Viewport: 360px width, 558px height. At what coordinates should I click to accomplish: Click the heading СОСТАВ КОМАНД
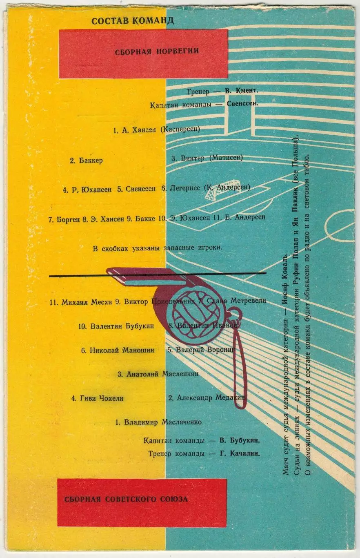tap(133, 21)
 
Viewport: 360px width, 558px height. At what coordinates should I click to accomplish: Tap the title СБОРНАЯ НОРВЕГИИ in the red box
tap(157, 51)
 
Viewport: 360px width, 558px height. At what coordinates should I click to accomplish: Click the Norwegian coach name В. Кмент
tap(242, 91)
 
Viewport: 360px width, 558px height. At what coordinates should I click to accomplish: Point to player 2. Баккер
tap(86, 161)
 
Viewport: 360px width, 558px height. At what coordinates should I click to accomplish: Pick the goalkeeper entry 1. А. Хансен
tap(135, 130)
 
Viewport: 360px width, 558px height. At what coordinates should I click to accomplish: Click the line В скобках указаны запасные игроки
tap(158, 248)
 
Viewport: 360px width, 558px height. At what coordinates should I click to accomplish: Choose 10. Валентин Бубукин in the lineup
tap(116, 326)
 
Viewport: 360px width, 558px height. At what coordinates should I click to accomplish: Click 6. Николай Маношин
tap(118, 350)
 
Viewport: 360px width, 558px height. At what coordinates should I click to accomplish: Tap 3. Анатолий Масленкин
tap(158, 374)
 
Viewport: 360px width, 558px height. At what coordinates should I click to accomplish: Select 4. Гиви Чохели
tap(97, 398)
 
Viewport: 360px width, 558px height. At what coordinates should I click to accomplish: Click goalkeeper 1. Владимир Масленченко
tap(159, 422)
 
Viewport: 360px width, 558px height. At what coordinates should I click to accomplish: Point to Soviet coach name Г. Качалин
tap(240, 453)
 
